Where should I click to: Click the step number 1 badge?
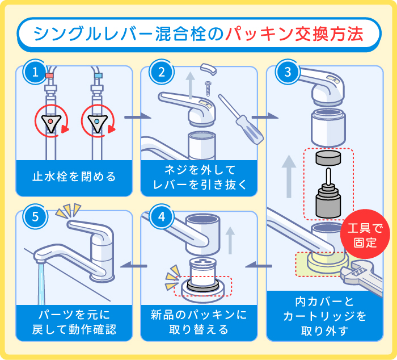pos(35,73)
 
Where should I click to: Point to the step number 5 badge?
pos(35,217)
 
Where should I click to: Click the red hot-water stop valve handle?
pos(51,123)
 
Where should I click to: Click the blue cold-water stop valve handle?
pos(98,123)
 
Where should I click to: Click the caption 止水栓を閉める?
pos(74,177)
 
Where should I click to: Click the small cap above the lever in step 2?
pos(209,70)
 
